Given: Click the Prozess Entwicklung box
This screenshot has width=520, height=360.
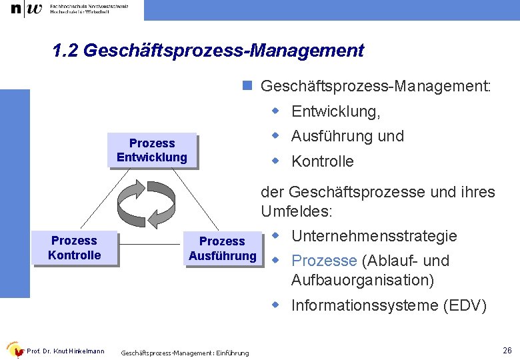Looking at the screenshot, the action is [x=152, y=151].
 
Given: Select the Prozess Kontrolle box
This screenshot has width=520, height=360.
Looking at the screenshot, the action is [x=75, y=248].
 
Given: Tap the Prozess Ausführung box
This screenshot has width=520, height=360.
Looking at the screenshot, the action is [x=222, y=249].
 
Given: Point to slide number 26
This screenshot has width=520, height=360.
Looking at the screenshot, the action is [x=507, y=351].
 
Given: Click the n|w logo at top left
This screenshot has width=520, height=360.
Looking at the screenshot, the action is [x=27, y=9].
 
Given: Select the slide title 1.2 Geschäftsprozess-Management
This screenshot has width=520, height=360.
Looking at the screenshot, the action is [x=208, y=51].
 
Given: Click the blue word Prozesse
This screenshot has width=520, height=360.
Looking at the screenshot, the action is [x=324, y=261].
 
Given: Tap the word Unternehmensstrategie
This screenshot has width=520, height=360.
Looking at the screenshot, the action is [x=374, y=236].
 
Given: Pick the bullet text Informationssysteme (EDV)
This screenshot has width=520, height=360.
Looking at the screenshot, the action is [x=389, y=306].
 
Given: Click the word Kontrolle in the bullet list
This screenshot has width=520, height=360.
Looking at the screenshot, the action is [x=323, y=161].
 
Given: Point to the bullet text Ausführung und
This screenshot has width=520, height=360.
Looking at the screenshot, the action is [x=347, y=136].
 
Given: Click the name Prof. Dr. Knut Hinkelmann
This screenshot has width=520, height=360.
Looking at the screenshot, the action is [x=65, y=351].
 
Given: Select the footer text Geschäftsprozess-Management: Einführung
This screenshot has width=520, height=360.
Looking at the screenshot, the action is [x=185, y=353].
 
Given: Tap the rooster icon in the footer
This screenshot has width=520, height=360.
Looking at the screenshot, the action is [x=14, y=349].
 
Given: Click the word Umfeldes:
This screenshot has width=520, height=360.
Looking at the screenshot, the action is [x=297, y=212].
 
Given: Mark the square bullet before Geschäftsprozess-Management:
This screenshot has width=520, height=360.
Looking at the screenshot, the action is [x=247, y=86].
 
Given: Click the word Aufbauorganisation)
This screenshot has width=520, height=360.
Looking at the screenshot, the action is [x=362, y=280].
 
